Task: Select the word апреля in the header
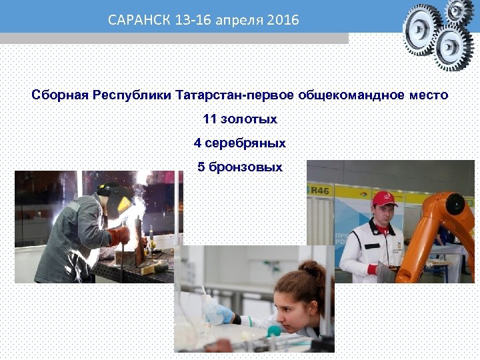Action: click(x=238, y=21)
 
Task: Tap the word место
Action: click(x=428, y=95)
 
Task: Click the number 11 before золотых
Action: click(x=209, y=119)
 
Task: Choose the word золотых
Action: click(x=249, y=119)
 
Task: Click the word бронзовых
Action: click(x=245, y=167)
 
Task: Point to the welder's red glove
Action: click(x=120, y=235)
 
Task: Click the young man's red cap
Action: click(x=384, y=198)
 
